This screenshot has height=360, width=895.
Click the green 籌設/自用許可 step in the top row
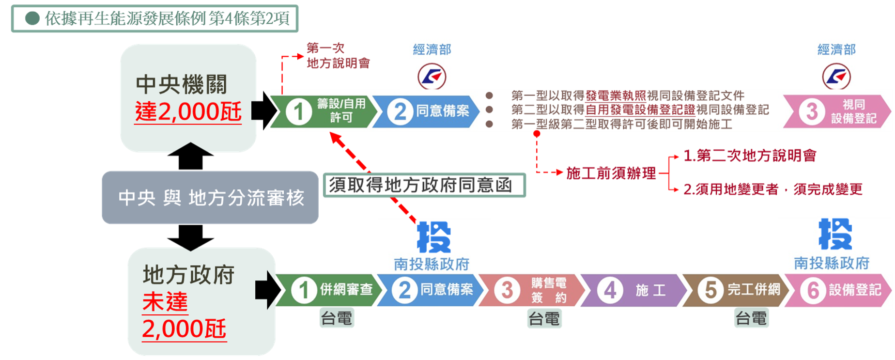(x=324, y=111)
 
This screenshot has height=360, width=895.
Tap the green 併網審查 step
(x=329, y=290)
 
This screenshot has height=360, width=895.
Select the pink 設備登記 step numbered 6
(x=839, y=290)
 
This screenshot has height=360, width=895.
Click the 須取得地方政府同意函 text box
(x=423, y=185)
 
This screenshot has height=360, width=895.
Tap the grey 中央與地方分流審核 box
(x=210, y=198)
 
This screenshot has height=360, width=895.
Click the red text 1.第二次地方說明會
(x=750, y=156)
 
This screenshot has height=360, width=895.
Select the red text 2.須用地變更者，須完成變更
(x=772, y=189)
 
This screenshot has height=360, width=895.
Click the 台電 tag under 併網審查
(x=337, y=319)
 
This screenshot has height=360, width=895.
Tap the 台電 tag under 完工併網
(x=751, y=319)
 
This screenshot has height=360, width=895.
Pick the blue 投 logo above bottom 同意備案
(x=433, y=237)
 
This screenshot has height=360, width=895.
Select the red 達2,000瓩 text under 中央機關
(x=188, y=112)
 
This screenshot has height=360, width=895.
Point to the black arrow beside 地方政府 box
(x=267, y=290)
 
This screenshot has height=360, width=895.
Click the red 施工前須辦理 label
(x=611, y=173)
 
